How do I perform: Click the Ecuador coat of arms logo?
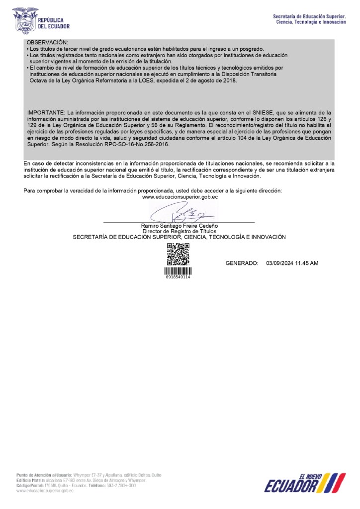tap(25, 19)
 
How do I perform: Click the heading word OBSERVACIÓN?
tap(47, 43)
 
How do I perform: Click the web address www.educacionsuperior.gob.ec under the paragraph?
tap(180, 197)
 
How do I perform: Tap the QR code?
tap(178, 254)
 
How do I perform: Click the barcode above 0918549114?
tap(178, 271)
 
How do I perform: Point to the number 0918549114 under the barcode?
tap(178, 277)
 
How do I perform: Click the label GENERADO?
tap(242, 262)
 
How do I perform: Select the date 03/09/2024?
tap(280, 262)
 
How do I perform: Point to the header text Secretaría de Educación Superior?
tap(309, 17)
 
